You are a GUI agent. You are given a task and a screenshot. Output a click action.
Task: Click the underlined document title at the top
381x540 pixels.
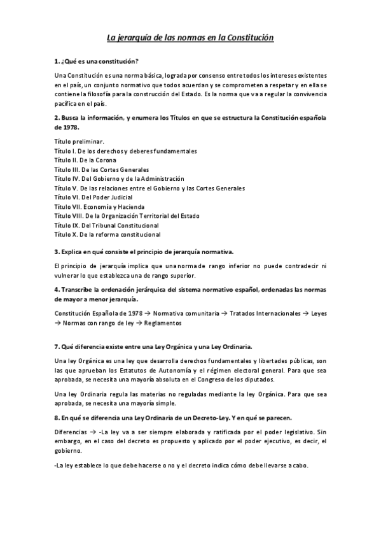(x=190, y=38)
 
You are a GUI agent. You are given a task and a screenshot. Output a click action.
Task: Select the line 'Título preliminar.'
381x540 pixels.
(x=80, y=141)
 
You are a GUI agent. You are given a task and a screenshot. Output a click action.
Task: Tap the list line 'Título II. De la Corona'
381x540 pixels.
(x=90, y=160)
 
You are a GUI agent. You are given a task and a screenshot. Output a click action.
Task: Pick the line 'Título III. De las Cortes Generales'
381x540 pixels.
(x=102, y=169)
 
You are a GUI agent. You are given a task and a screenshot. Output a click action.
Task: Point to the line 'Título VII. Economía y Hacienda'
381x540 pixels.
(x=99, y=207)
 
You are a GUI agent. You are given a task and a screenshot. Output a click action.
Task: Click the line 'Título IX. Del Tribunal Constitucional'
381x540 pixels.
(x=106, y=225)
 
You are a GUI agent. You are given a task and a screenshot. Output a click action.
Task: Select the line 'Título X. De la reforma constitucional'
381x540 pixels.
(x=107, y=234)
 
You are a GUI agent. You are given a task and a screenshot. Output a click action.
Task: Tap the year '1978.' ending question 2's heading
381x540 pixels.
(x=63, y=127)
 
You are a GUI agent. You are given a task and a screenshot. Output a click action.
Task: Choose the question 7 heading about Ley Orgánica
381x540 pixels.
(x=153, y=346)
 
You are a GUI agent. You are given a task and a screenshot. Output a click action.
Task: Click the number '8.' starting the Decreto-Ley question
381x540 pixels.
(x=57, y=418)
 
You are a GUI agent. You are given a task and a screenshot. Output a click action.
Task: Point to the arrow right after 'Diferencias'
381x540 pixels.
(x=94, y=431)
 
